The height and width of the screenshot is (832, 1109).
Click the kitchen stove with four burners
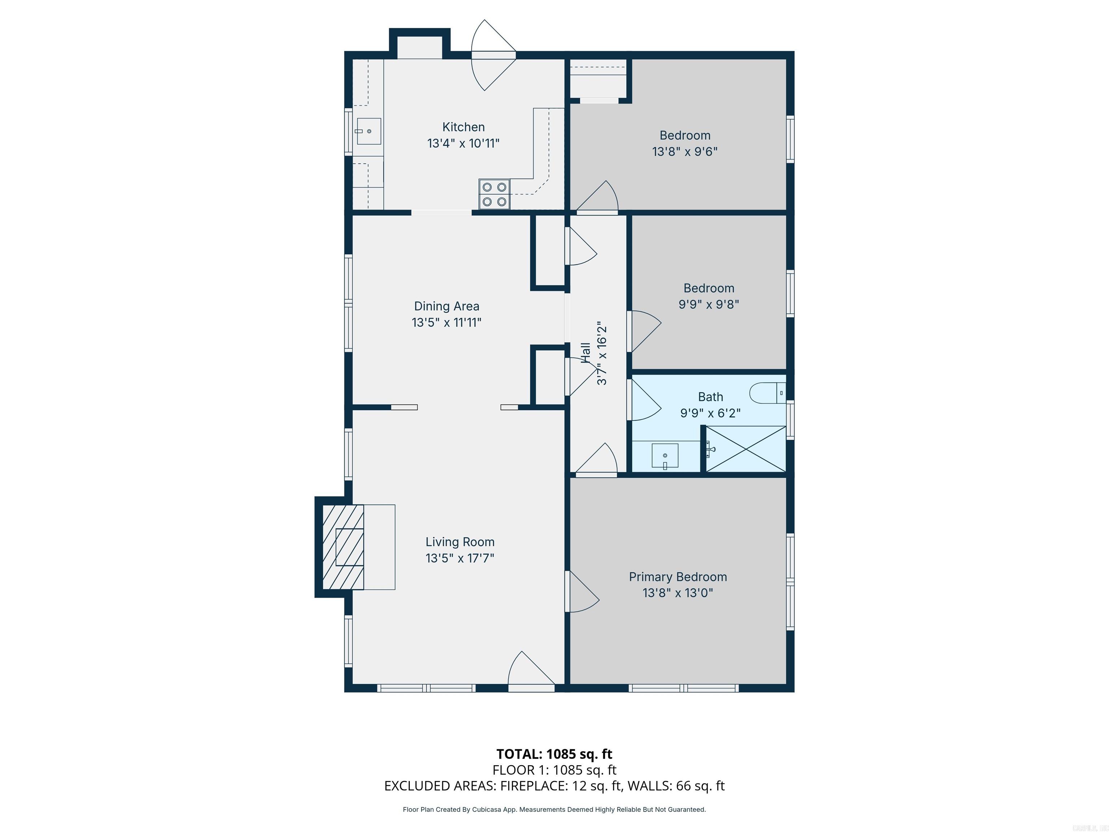tap(494, 194)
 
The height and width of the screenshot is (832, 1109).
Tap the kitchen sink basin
tap(369, 131)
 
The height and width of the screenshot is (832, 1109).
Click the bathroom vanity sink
tap(665, 456)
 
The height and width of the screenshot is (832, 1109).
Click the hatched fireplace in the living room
tap(343, 547)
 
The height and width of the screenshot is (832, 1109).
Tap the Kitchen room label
tap(463, 127)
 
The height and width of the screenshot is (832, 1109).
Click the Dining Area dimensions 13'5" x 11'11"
tap(446, 322)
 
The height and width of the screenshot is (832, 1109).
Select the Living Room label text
tap(460, 542)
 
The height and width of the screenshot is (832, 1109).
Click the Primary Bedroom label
tap(678, 577)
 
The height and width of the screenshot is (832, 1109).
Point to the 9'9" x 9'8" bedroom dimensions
tap(708, 304)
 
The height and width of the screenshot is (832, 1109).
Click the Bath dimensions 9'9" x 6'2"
tap(710, 413)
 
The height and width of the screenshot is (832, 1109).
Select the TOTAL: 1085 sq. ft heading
tap(554, 754)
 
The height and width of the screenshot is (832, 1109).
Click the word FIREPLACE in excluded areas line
tap(534, 786)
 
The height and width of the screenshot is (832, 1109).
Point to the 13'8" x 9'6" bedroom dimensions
tap(684, 151)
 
